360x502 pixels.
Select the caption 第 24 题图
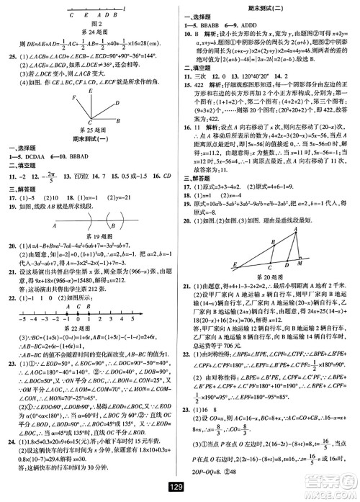(x=91, y=31)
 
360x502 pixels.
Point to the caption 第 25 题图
(x=91, y=128)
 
